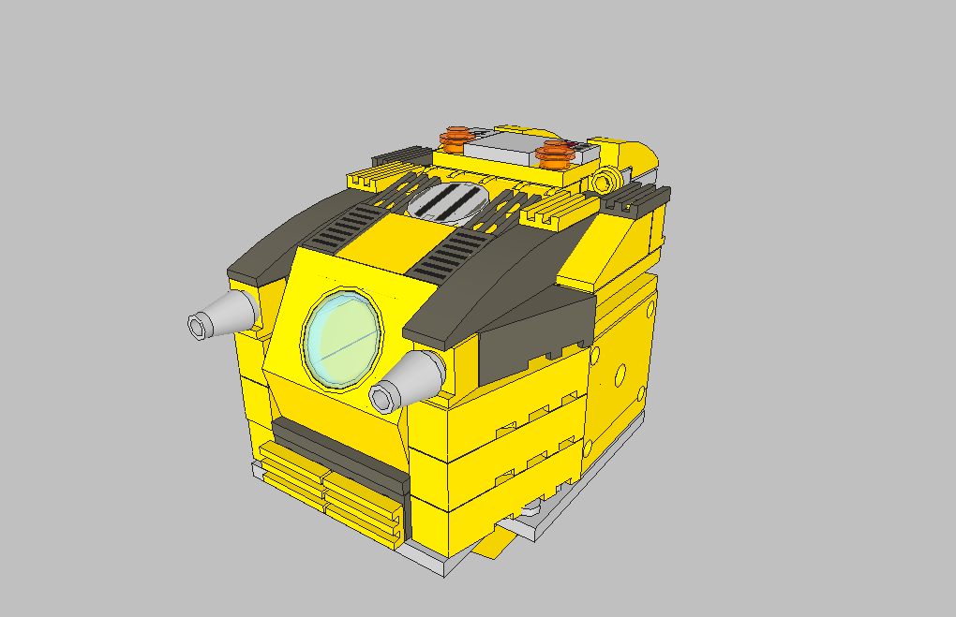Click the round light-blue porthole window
coord(343,339)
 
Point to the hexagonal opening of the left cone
coord(198,326)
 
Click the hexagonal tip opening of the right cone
coord(383,398)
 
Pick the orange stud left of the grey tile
coord(456,139)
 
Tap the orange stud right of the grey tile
coord(557,151)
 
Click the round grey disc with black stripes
coord(448,202)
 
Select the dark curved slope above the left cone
coord(281,239)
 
